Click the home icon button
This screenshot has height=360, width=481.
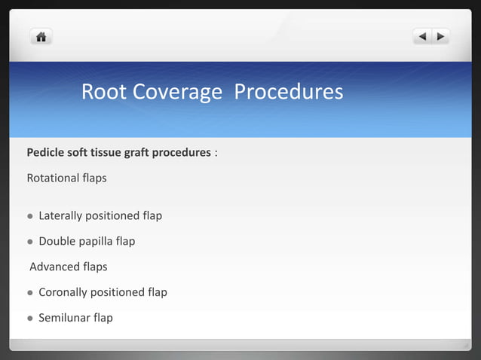41,36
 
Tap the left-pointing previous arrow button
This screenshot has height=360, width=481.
422,36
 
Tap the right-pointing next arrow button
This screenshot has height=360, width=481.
440,36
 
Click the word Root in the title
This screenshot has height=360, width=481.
104,92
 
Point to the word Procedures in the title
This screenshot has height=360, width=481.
289,92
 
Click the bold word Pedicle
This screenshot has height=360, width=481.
47,153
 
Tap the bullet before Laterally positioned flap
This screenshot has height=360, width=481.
30,216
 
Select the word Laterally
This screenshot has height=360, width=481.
63,216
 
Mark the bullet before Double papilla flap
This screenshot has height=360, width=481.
30,242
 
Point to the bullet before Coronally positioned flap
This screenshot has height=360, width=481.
30,292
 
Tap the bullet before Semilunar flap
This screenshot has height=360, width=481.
30,318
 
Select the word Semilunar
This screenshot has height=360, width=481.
64,318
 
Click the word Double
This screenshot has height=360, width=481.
57,242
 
